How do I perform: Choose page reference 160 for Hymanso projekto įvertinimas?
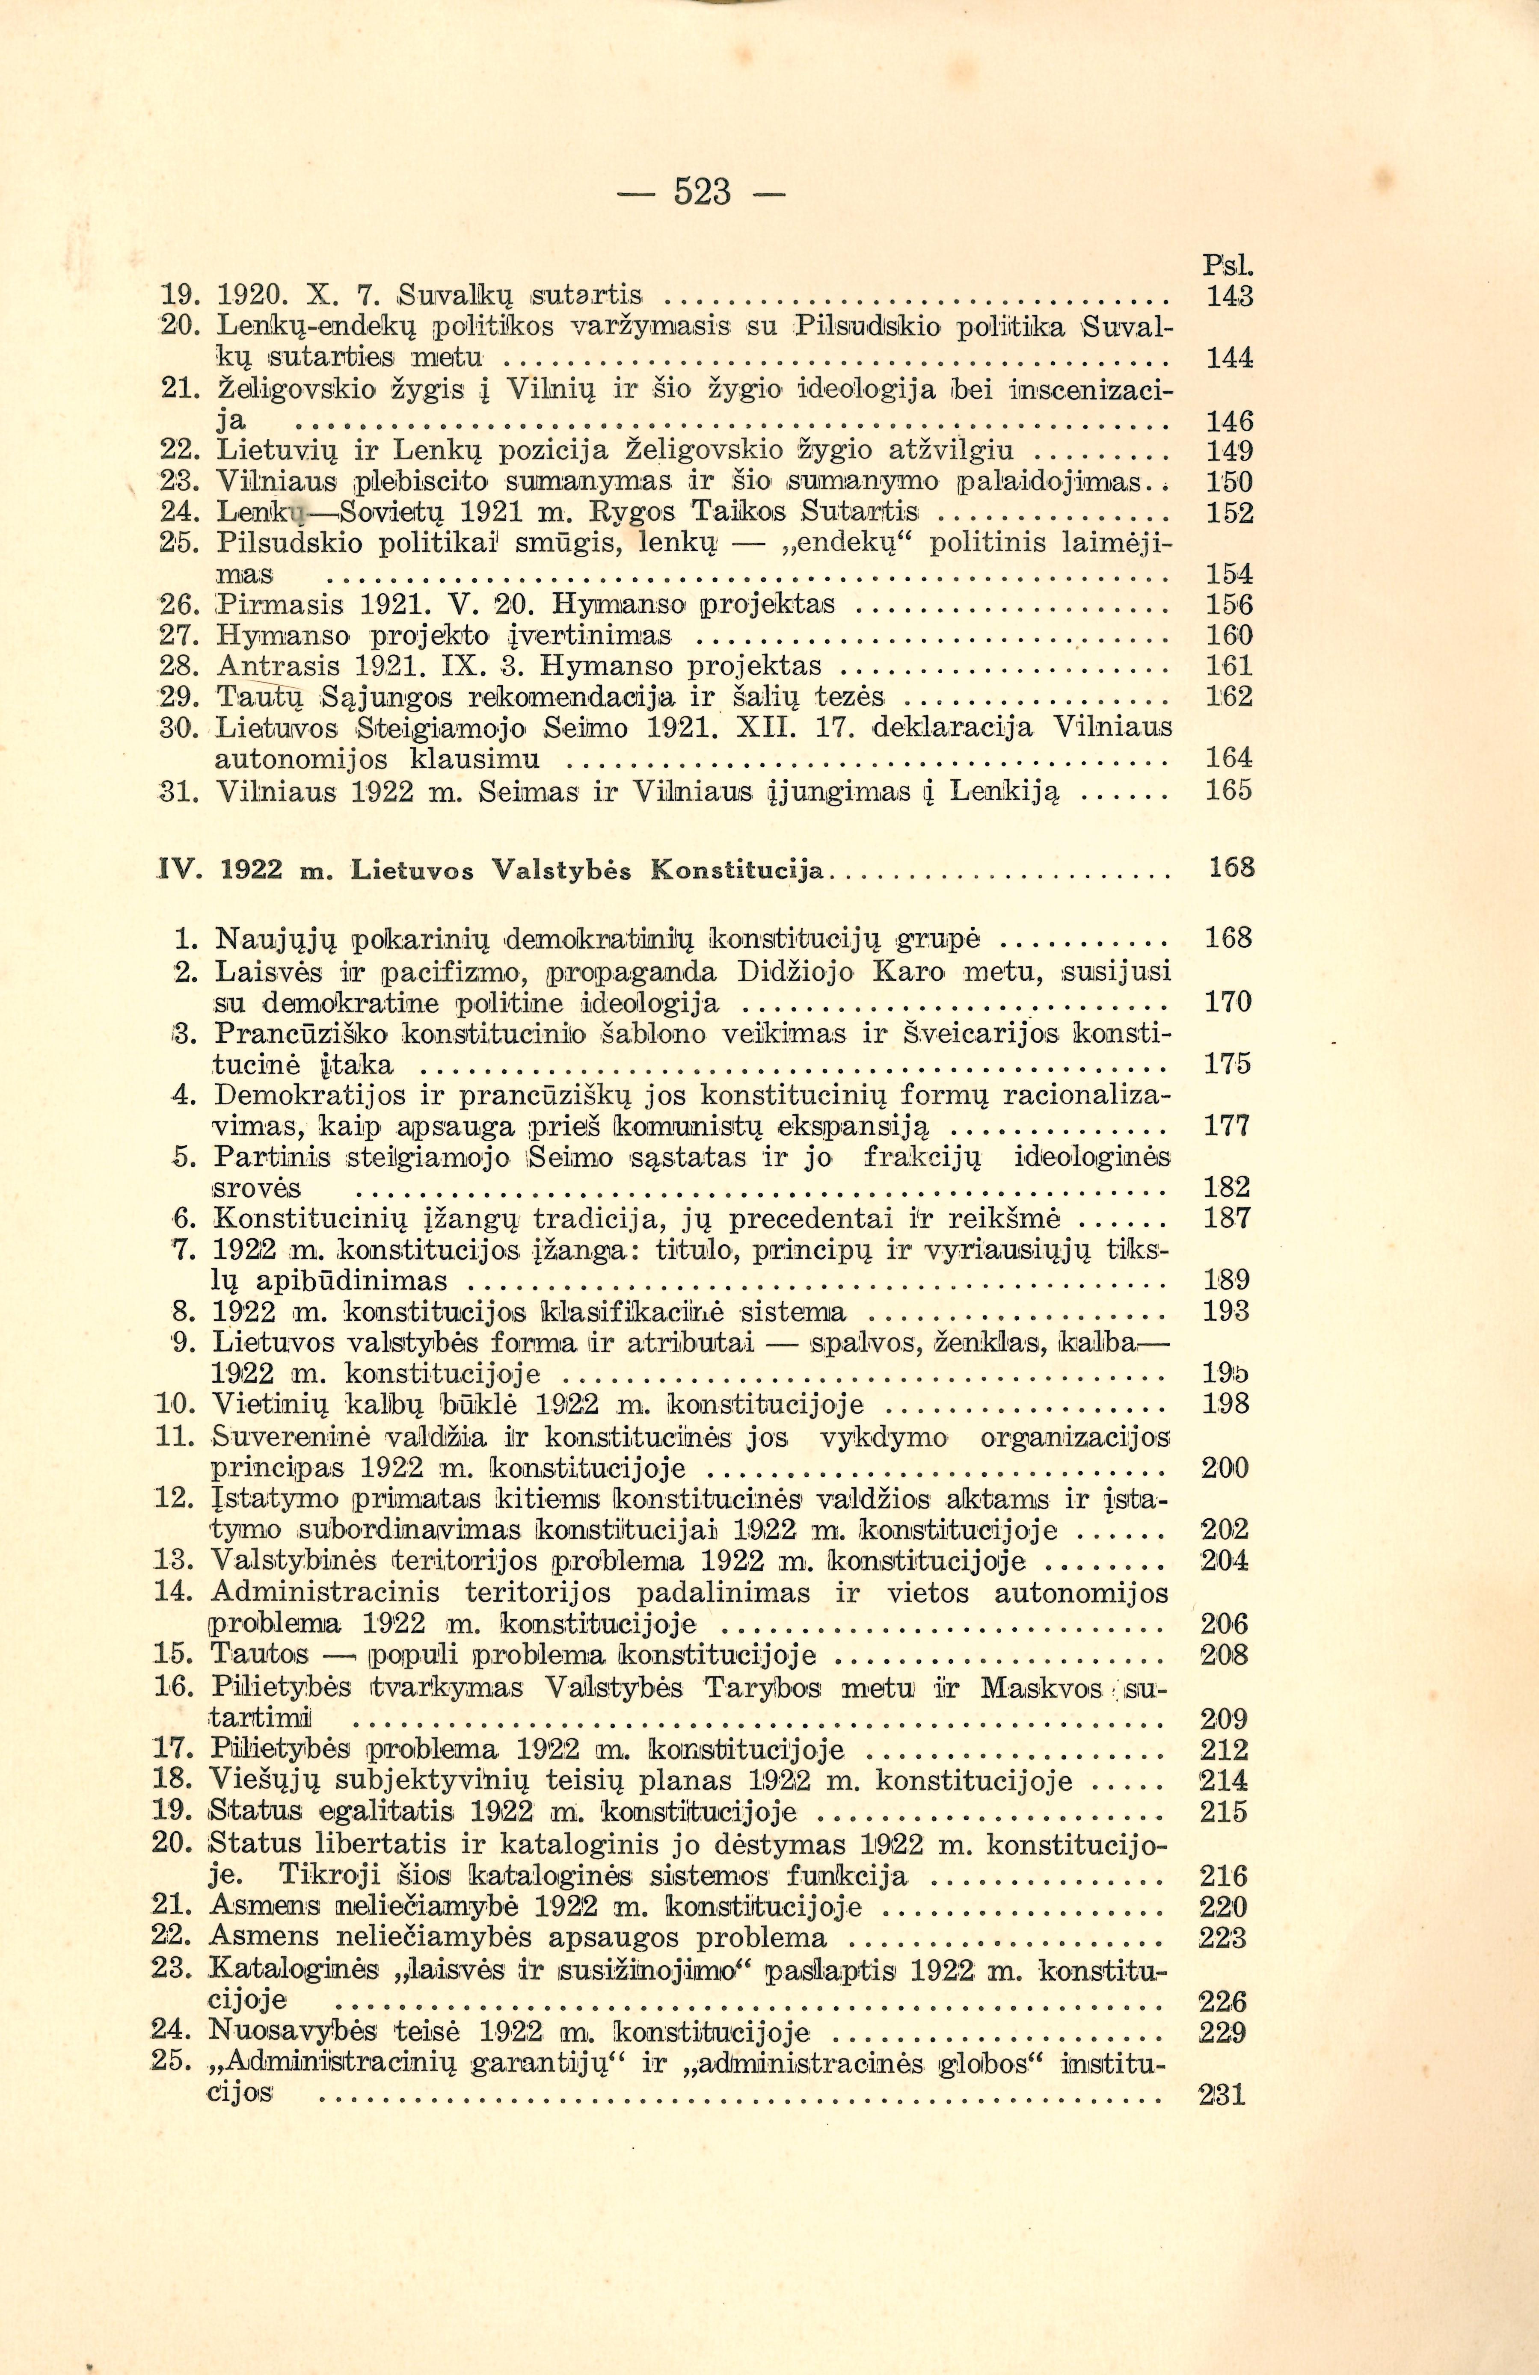[x=1230, y=636]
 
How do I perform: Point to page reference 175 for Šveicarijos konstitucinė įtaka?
[x=1228, y=1064]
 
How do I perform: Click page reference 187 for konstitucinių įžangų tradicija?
[x=1228, y=1219]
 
